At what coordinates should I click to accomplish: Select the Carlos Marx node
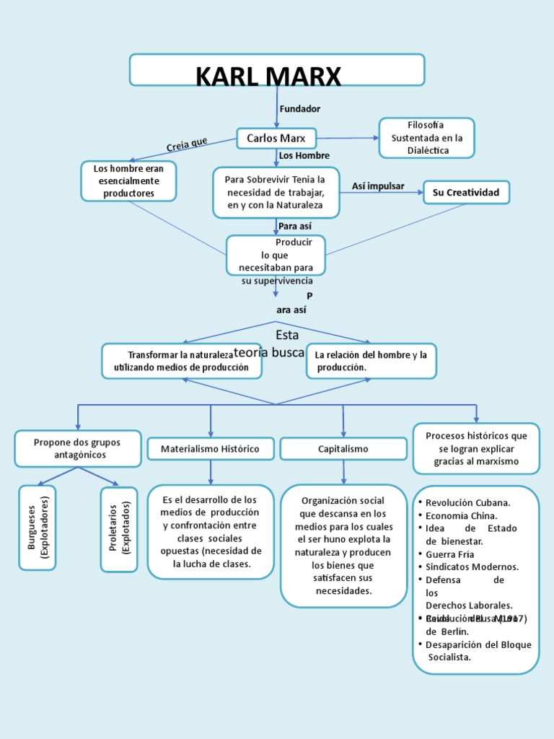276,138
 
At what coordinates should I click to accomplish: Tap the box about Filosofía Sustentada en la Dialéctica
426,138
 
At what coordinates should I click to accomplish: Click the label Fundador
299,108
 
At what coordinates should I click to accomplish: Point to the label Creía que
187,144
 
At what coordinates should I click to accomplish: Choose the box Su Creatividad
466,193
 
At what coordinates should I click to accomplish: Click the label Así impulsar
378,186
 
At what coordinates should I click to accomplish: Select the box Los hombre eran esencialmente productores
128,181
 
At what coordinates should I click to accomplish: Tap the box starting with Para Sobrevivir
276,192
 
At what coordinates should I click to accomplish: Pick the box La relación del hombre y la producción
371,361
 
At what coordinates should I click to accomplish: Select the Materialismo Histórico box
211,449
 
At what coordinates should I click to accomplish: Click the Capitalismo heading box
343,449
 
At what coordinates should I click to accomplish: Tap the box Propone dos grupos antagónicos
78,448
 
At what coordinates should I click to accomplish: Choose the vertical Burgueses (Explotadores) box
37,528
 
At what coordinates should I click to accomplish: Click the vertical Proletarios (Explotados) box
118,530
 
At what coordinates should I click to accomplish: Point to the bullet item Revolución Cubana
467,502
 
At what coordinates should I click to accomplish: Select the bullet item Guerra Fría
450,554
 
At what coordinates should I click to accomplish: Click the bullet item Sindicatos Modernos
472,567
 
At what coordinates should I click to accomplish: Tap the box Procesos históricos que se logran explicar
476,448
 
